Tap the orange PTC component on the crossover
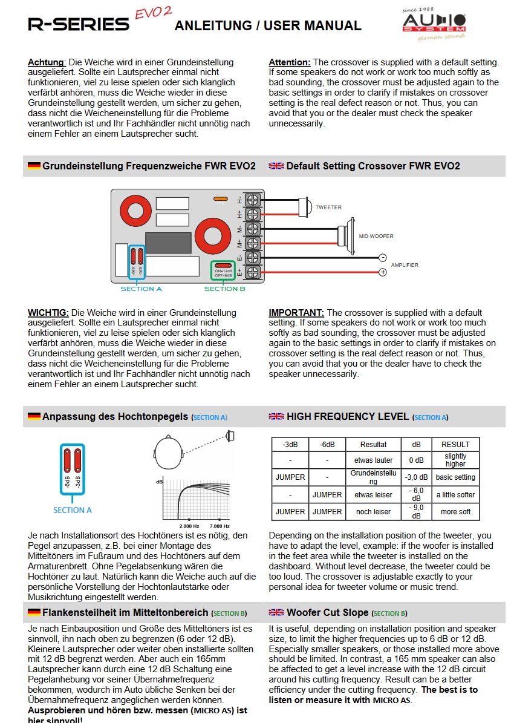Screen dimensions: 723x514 tap(220, 198)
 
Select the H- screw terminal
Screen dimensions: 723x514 tap(253, 200)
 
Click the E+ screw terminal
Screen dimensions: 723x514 tap(253, 272)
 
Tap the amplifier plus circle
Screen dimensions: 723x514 tap(382, 272)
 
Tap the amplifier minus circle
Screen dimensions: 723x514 tap(382, 258)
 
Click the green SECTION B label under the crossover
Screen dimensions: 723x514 tap(224, 289)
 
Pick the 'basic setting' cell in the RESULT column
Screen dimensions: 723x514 tap(455, 477)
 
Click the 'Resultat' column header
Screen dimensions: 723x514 tap(373, 444)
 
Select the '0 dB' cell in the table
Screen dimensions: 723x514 tap(416, 460)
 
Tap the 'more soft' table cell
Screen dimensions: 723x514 tap(455, 512)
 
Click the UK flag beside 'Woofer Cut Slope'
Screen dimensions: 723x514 tap(276, 613)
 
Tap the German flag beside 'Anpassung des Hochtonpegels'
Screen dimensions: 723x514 tap(34, 416)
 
